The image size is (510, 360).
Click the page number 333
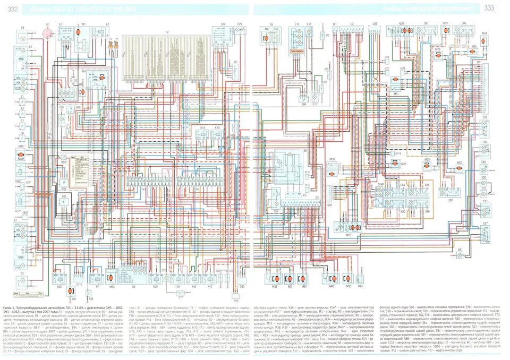[489, 7]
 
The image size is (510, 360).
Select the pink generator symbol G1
[47, 33]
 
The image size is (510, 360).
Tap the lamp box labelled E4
[23, 37]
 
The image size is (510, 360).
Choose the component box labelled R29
[240, 32]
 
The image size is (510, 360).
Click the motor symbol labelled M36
[275, 278]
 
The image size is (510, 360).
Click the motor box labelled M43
[112, 278]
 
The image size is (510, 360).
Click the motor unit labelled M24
[402, 31]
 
